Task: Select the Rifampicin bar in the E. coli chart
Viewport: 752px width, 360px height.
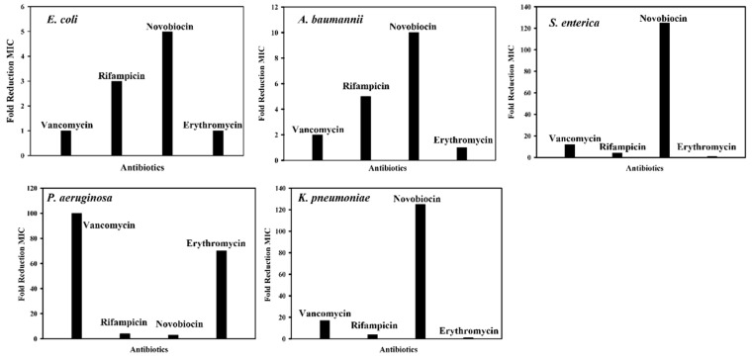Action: coord(117,118)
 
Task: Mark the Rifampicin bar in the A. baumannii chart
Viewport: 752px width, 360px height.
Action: coord(365,127)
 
